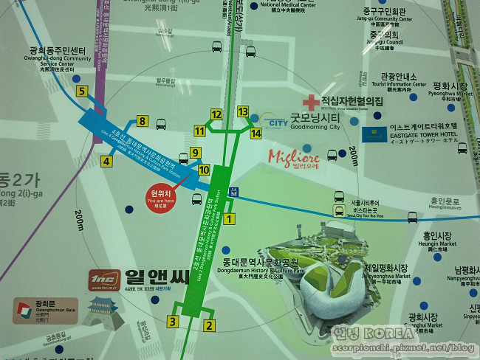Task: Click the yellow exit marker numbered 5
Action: [x=82, y=92]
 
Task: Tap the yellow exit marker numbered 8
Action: [x=142, y=122]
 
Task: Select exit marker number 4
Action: [x=107, y=162]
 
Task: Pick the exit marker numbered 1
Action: [x=229, y=218]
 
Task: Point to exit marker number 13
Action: [x=243, y=111]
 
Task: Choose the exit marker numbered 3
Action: [x=173, y=321]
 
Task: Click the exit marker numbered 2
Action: [x=209, y=325]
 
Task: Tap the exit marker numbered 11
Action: [x=199, y=131]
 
